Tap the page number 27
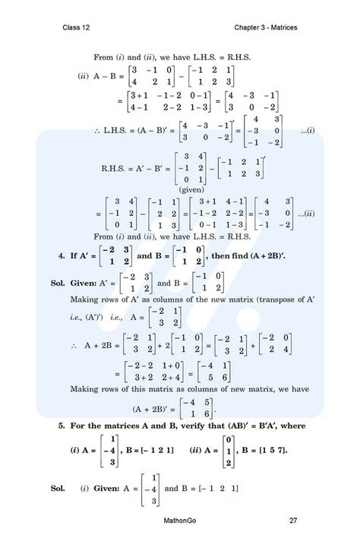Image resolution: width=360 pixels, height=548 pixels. [293, 521]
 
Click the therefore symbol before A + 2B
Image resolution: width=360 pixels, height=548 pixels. [74, 346]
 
